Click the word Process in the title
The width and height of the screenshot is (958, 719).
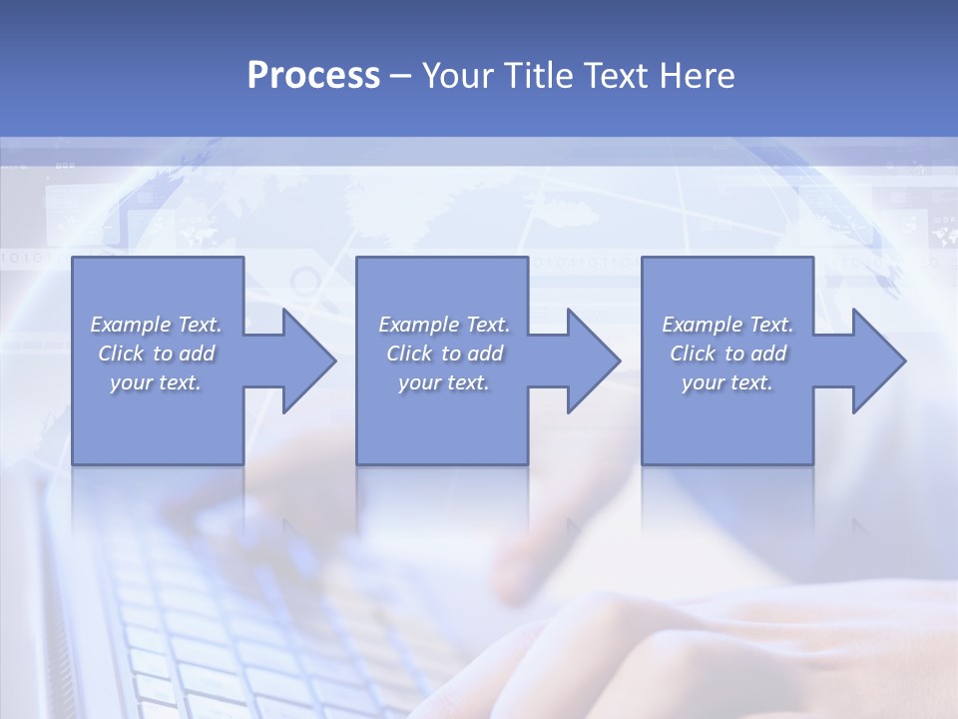pos(313,76)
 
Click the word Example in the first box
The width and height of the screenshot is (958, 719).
pos(130,325)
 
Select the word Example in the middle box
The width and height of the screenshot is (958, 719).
pos(418,325)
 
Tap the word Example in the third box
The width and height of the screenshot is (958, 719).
pos(702,325)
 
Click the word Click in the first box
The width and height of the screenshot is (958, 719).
pos(120,354)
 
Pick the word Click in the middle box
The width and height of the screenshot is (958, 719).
pos(408,354)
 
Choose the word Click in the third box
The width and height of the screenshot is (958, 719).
pos(692,354)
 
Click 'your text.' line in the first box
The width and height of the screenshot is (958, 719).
pos(156,382)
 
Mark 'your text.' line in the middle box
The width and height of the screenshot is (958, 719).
pos(444,382)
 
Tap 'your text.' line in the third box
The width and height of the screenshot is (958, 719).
pos(727,382)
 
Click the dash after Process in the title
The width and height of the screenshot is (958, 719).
pos(401,76)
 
